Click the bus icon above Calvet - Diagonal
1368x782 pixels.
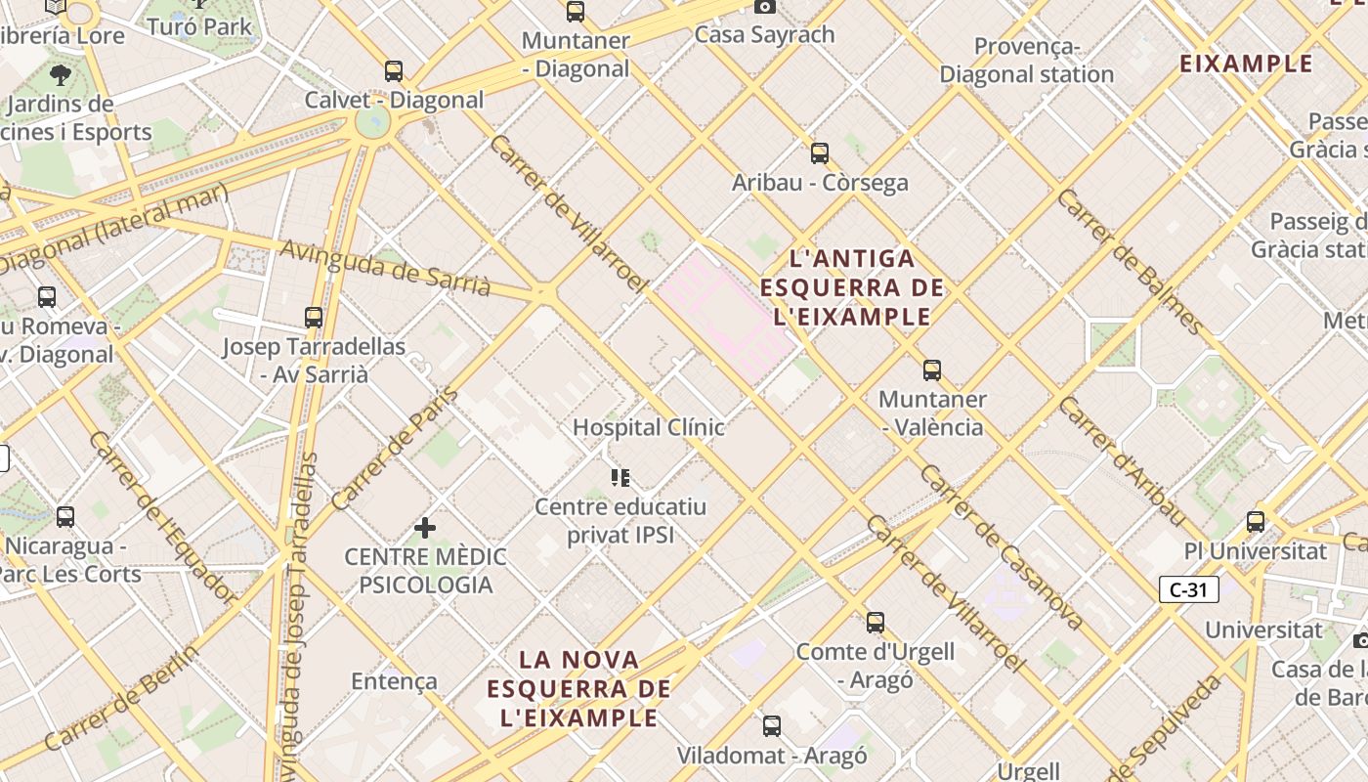coord(393,70)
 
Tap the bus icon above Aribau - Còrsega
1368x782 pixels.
coord(820,152)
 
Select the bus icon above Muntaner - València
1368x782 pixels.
coord(932,370)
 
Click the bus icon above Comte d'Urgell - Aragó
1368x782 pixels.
coord(876,623)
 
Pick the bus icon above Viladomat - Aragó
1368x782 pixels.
coord(772,726)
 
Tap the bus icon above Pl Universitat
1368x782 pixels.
coord(1256,522)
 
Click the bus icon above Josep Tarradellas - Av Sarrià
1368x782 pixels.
coord(314,318)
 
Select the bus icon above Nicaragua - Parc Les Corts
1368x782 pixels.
coord(65,517)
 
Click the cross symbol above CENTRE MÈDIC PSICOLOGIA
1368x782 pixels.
coord(425,528)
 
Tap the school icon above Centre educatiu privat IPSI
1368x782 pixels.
coord(620,478)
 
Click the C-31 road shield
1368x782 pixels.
coord(1189,589)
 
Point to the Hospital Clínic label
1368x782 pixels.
coord(648,427)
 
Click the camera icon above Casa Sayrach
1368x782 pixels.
coord(765,7)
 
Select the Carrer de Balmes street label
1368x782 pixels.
coord(1131,261)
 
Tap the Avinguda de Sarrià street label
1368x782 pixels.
coord(385,267)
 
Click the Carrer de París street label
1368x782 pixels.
coord(395,450)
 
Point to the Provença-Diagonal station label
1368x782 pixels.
coord(1026,61)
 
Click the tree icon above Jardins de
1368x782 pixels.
coord(61,75)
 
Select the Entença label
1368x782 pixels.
coord(394,681)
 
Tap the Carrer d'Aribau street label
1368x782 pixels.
coord(1123,462)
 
